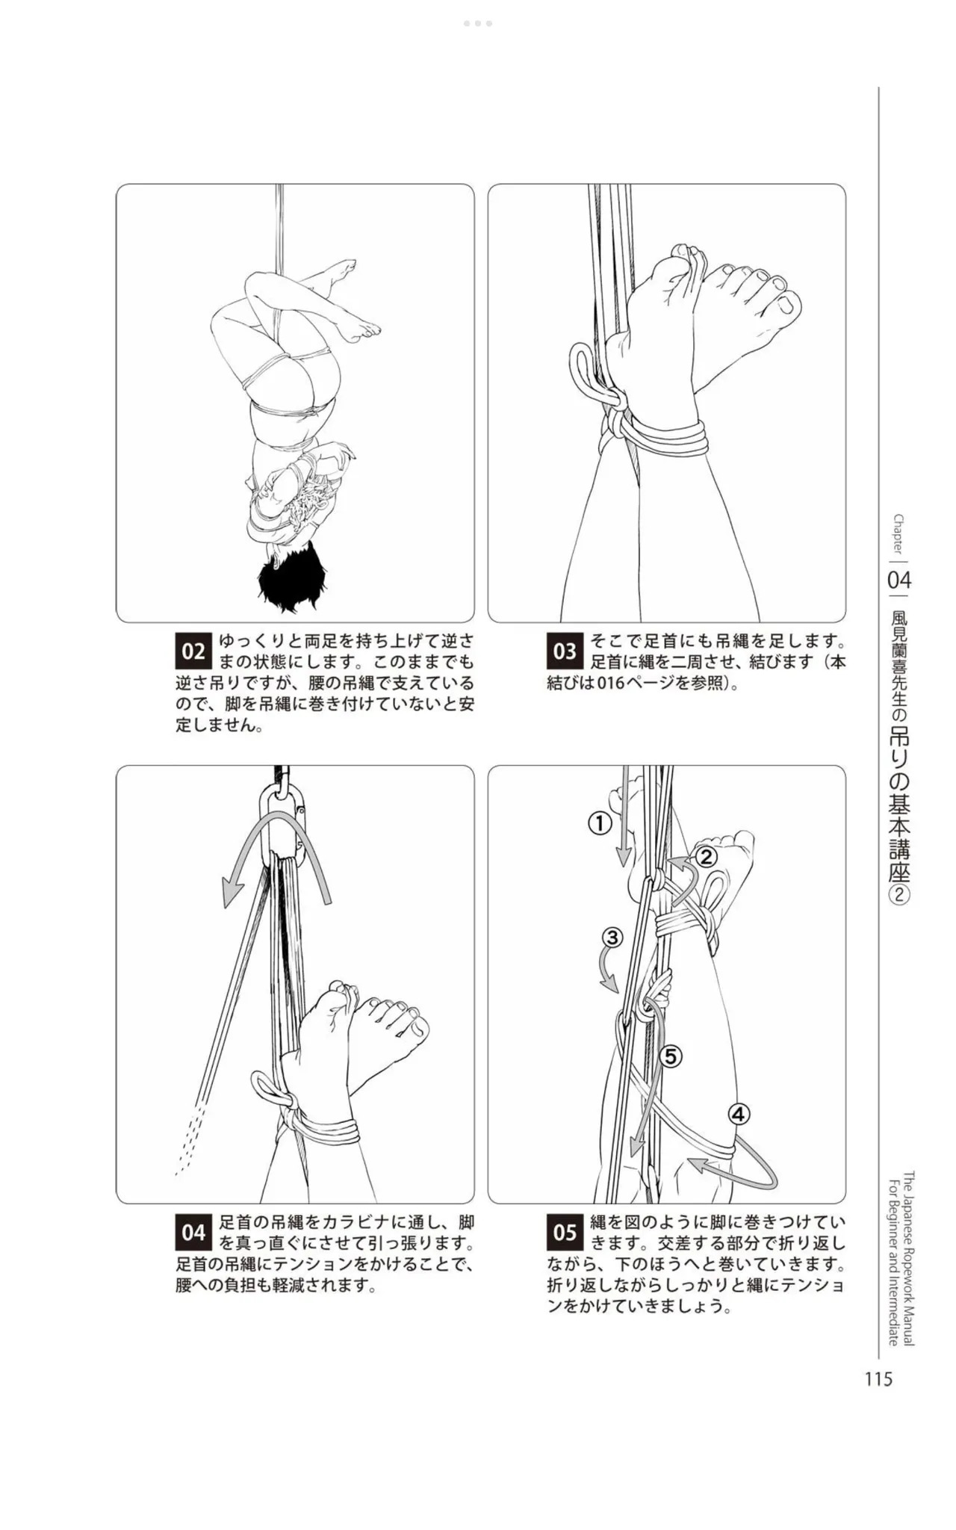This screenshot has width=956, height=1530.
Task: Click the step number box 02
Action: [193, 651]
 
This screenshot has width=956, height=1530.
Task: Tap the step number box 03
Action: [565, 651]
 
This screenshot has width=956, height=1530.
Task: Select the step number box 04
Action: [193, 1233]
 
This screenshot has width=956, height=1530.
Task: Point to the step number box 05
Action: [565, 1233]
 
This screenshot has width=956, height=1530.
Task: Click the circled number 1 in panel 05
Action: [600, 824]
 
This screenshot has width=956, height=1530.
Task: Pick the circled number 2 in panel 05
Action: [707, 857]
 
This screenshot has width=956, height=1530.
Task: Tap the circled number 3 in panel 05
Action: [612, 937]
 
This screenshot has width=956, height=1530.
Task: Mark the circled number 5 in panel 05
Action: [670, 1056]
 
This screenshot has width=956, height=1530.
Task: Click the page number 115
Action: [878, 1380]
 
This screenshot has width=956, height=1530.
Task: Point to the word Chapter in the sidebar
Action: [898, 533]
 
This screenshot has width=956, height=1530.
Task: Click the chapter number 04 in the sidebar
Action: [899, 580]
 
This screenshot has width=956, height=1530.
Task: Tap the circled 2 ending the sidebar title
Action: [899, 895]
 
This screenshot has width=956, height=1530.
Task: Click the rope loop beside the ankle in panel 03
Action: [590, 374]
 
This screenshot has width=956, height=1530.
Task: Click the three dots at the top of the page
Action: [477, 23]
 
